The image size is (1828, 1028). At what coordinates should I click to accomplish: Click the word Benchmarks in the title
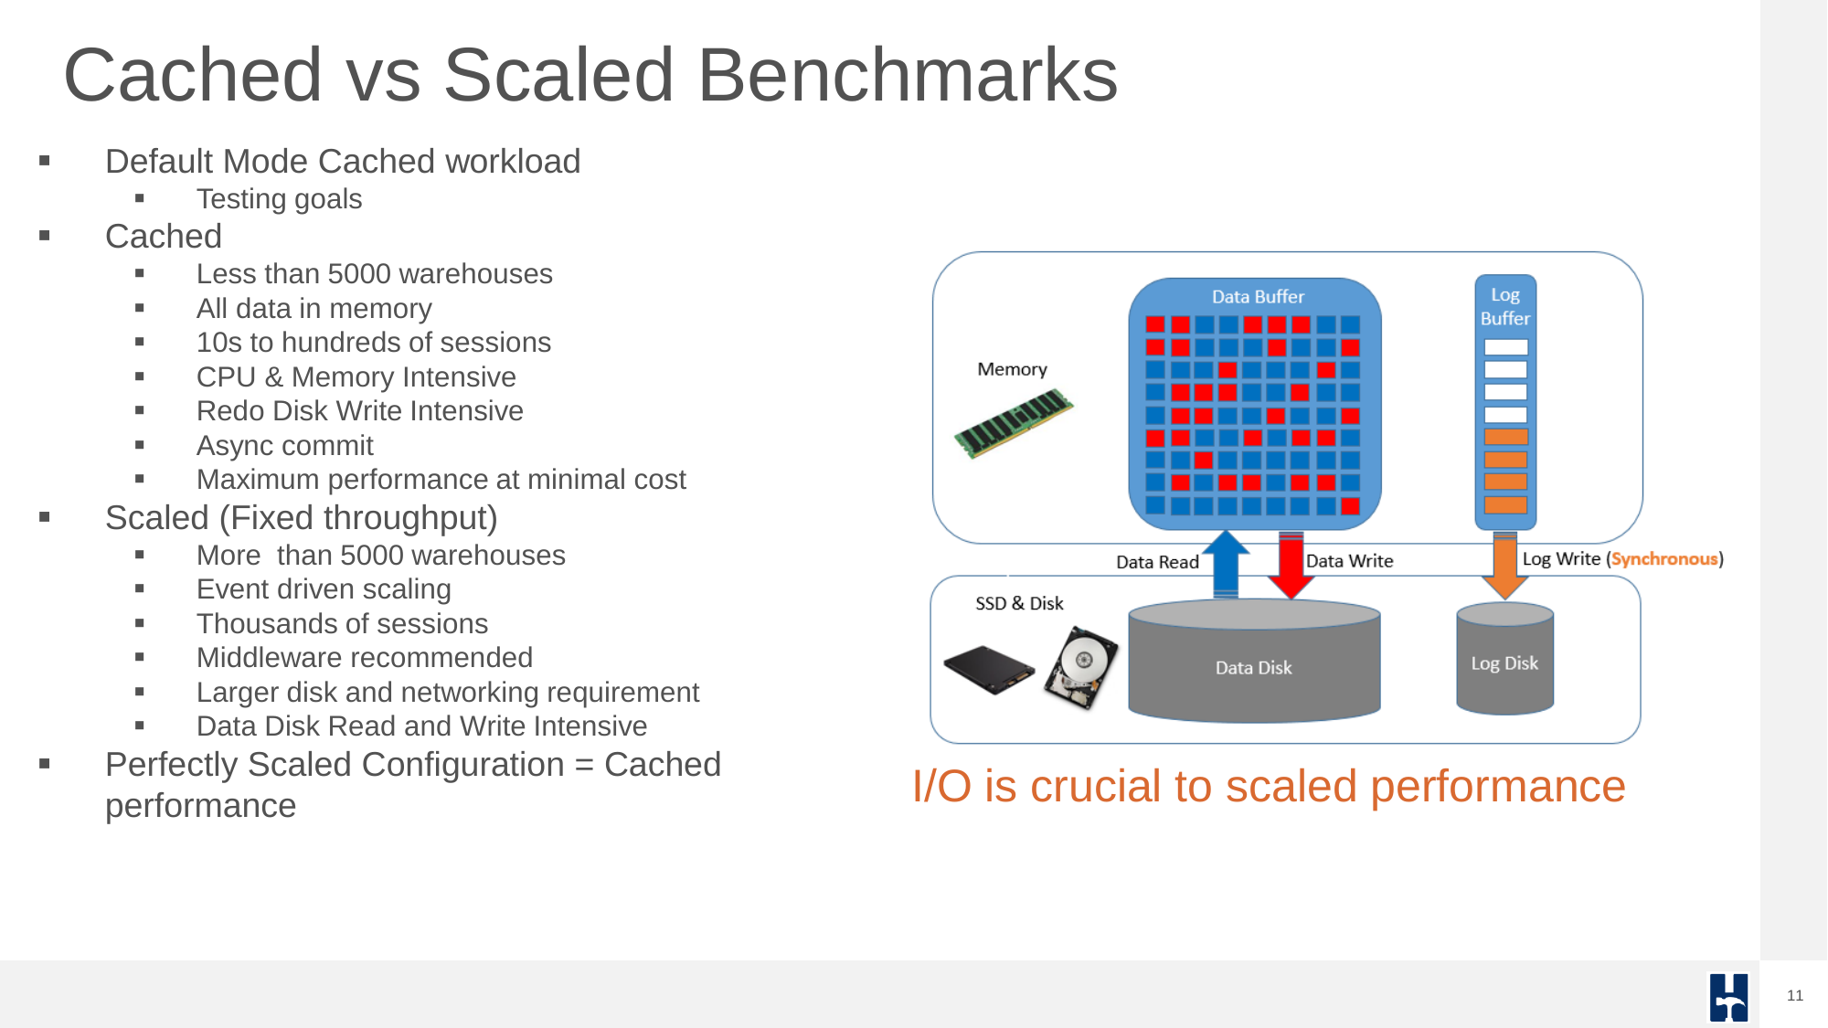(x=908, y=75)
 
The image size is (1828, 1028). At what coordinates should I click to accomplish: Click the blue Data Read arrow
(x=1226, y=565)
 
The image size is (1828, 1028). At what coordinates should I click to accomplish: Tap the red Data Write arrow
(x=1291, y=566)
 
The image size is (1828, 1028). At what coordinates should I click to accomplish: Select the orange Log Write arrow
(x=1504, y=566)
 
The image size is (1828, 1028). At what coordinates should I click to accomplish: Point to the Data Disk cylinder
(x=1254, y=661)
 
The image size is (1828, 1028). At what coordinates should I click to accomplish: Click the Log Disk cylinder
(x=1504, y=658)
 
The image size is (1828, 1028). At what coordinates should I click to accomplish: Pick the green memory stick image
(x=1014, y=423)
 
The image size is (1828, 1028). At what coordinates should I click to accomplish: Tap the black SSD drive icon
(x=988, y=670)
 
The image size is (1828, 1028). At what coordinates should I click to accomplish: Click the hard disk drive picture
(x=1082, y=668)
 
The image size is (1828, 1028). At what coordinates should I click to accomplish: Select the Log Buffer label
(x=1504, y=307)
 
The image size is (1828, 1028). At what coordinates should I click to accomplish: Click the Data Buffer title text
(x=1258, y=297)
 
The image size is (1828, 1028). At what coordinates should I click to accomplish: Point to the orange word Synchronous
(x=1663, y=559)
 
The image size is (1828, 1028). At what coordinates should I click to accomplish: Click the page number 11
(x=1795, y=995)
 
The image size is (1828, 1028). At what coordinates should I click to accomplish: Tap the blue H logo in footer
(x=1728, y=997)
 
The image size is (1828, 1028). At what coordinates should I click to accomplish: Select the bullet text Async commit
(x=285, y=446)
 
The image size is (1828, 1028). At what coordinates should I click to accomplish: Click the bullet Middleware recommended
(x=365, y=658)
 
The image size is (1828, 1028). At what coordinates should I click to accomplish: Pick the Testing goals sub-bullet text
(x=280, y=199)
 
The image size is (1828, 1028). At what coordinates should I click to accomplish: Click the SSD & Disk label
(x=1019, y=603)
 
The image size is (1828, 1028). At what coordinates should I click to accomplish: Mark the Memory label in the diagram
(x=1012, y=369)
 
